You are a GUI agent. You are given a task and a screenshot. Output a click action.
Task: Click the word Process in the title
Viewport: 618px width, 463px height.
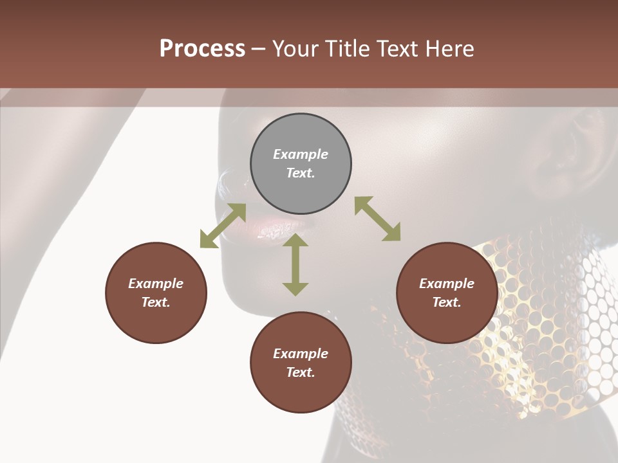tap(202, 49)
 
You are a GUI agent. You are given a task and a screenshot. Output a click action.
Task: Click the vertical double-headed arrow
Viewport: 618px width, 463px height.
tap(295, 264)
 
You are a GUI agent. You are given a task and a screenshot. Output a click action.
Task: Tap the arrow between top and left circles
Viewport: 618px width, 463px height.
tap(223, 225)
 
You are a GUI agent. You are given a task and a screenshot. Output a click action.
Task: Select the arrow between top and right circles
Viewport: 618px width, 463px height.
tap(378, 219)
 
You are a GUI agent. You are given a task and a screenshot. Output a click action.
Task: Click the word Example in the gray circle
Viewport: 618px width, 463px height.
tap(301, 154)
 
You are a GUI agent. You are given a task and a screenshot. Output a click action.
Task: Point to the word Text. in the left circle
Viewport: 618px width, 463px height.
tap(156, 302)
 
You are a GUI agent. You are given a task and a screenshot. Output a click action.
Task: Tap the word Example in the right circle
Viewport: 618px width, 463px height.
tap(447, 284)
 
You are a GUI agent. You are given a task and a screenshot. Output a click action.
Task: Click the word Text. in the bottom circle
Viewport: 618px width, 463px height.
tap(301, 372)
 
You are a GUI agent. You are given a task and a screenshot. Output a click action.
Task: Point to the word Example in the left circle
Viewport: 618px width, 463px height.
tap(156, 284)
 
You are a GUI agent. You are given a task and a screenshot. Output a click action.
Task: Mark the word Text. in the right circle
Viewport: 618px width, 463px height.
tap(447, 302)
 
